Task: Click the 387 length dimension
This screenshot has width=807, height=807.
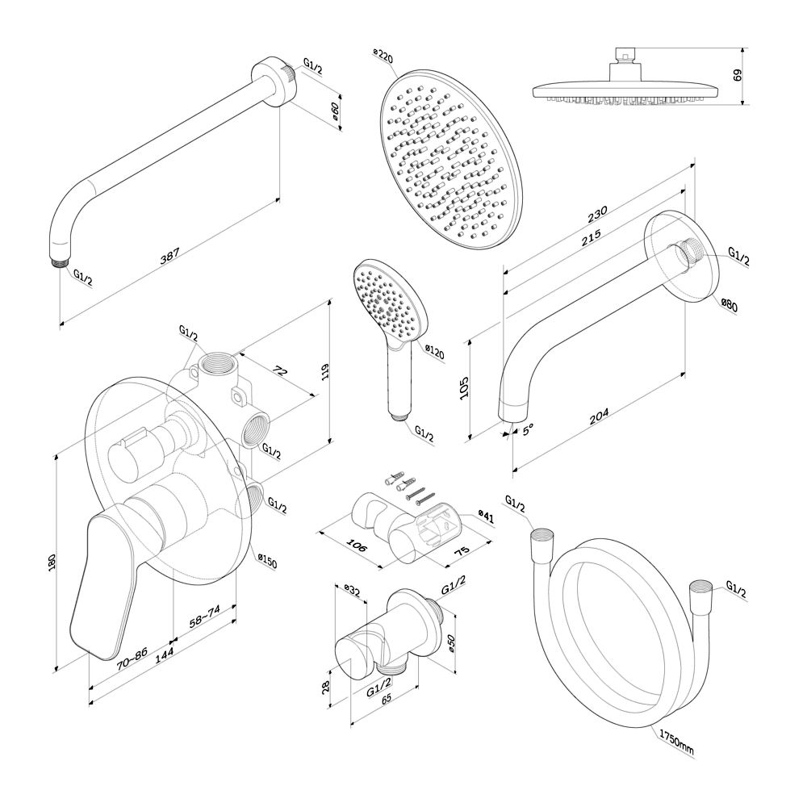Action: (x=169, y=253)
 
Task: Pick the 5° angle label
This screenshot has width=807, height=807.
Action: (x=528, y=431)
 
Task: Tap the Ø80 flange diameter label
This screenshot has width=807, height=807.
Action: (x=729, y=306)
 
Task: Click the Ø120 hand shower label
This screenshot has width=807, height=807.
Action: (x=434, y=353)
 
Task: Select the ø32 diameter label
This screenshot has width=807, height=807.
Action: (x=352, y=590)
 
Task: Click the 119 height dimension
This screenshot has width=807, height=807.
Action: (x=325, y=372)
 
